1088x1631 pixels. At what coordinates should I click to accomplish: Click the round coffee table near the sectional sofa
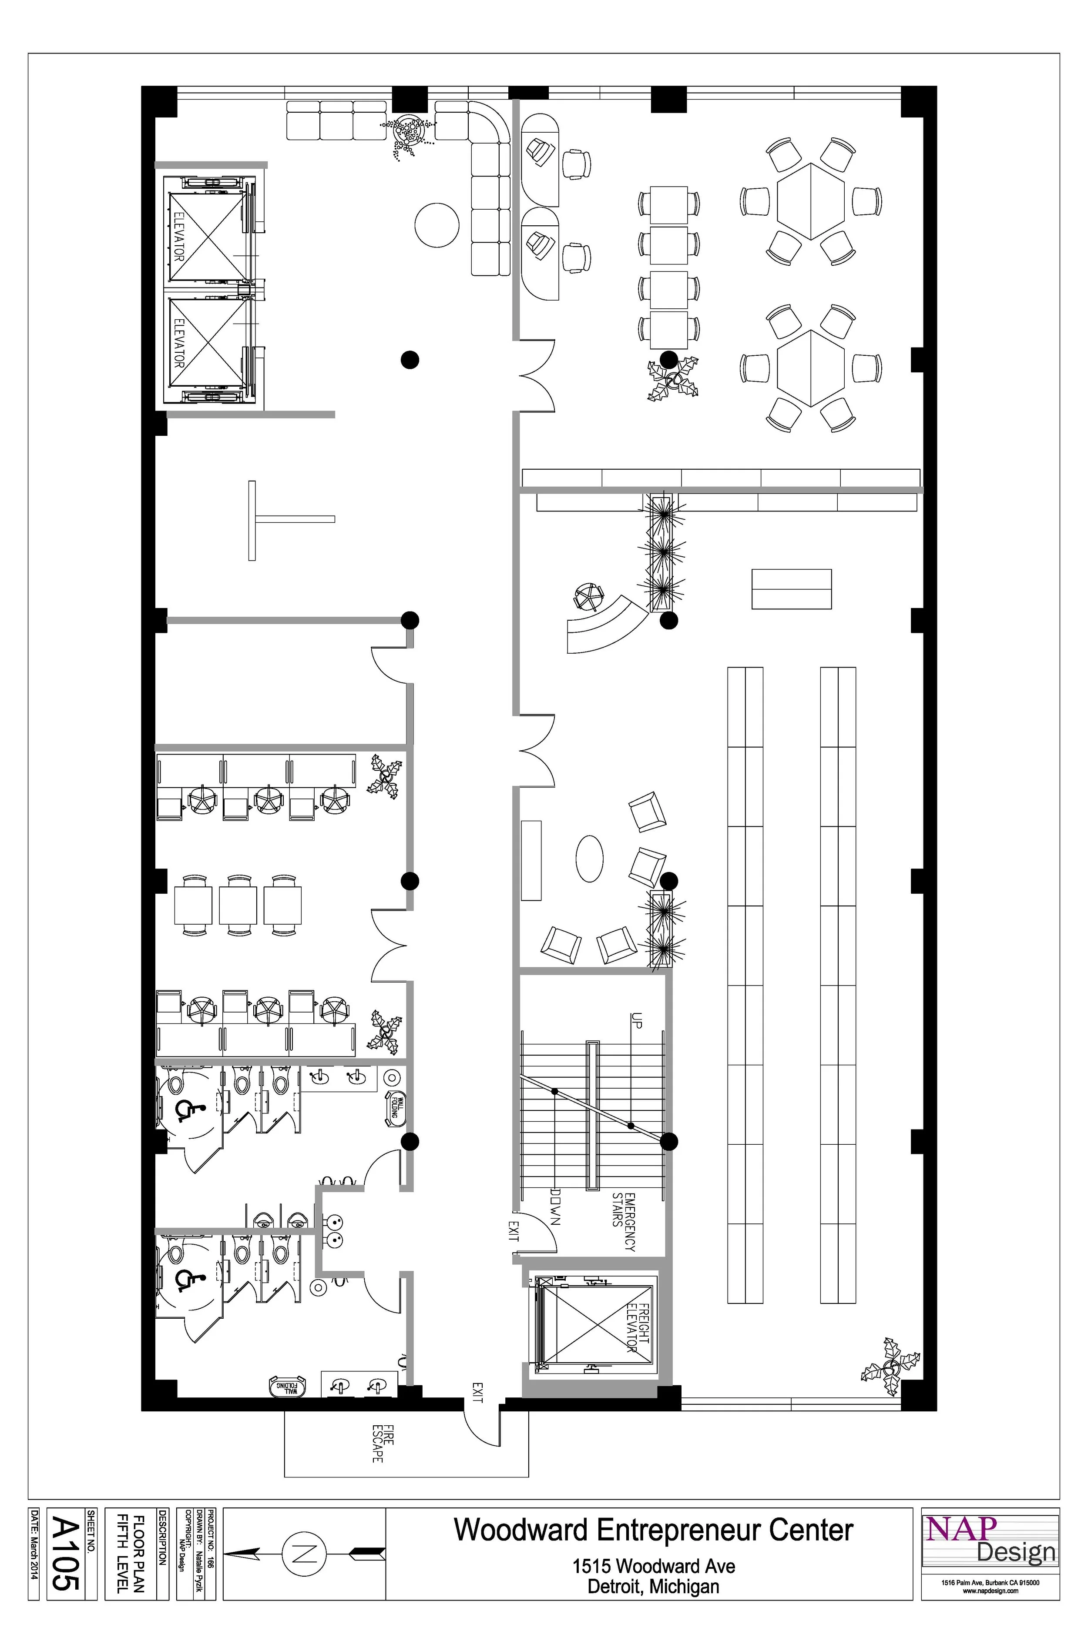click(437, 224)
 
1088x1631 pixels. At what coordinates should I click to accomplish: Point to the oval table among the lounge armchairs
click(589, 859)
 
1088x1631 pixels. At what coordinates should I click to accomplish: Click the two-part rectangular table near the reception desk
click(791, 589)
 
